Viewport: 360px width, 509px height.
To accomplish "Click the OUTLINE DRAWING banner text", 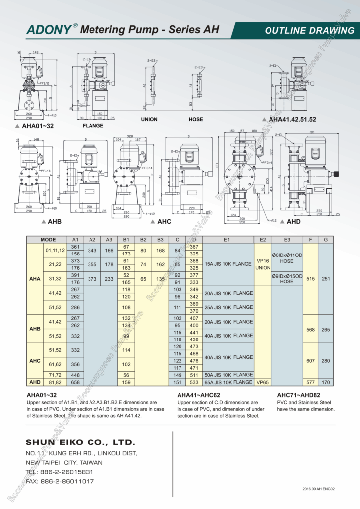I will (309, 30).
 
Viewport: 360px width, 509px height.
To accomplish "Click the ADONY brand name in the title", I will (49, 30).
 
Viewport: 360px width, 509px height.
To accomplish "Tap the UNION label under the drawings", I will (149, 120).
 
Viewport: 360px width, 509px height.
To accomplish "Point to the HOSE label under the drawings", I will (196, 120).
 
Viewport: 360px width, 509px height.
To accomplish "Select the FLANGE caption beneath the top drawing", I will (92, 126).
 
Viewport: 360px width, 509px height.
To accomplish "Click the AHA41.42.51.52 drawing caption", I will (292, 120).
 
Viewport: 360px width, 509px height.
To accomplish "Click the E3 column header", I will (287, 239).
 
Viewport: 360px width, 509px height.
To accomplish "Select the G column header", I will (325, 239).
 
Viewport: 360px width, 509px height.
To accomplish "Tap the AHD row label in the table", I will (35, 382).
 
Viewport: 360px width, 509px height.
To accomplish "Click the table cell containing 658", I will (76, 382).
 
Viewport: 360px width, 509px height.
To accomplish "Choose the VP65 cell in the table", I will (263, 382).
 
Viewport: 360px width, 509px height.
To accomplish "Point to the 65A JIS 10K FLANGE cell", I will (229, 382).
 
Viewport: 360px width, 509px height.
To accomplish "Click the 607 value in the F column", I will (310, 361).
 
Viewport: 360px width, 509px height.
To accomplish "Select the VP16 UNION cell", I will (263, 264).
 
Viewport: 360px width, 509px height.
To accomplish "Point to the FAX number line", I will (60, 481).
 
